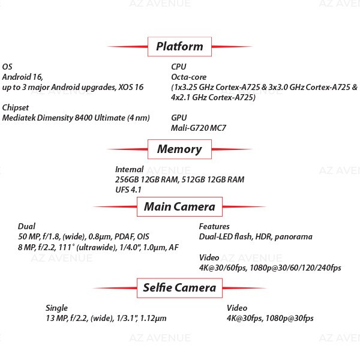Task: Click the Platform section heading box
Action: click(179, 47)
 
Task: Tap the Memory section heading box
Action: click(179, 149)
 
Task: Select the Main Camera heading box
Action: click(179, 206)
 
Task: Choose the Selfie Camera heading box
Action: click(179, 288)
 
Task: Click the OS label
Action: click(7, 67)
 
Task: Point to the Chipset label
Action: click(16, 107)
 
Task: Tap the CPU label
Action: click(179, 67)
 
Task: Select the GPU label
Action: click(179, 118)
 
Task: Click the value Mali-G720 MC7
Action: click(199, 128)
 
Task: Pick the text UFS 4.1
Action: click(128, 190)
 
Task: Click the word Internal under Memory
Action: click(129, 169)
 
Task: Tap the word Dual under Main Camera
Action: click(26, 226)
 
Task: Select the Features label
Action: click(214, 226)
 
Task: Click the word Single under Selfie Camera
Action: click(57, 308)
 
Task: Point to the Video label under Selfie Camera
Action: click(237, 308)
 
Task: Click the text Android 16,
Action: click(23, 77)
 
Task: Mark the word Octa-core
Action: click(189, 77)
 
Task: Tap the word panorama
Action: click(293, 237)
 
